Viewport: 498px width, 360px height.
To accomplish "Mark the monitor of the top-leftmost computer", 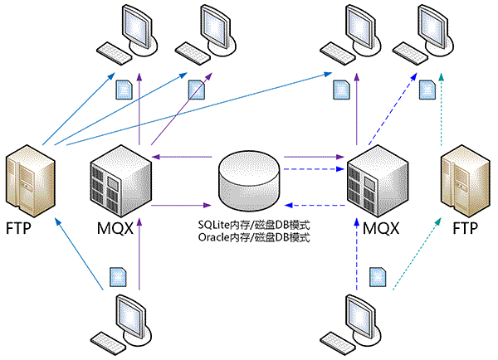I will point(139,27).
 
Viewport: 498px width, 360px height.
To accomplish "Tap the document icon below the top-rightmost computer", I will point(429,88).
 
